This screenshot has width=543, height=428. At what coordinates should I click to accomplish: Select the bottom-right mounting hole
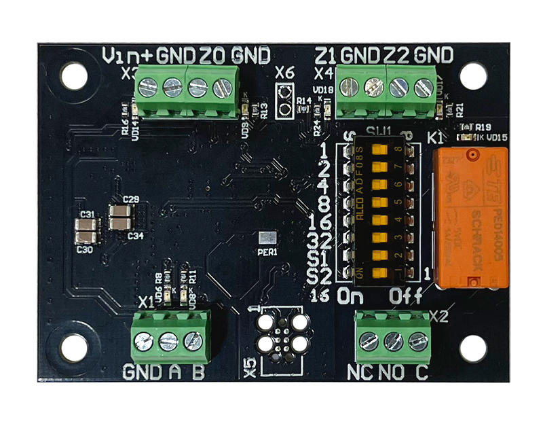tap(472, 348)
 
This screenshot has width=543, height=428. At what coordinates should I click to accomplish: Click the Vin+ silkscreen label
tap(128, 54)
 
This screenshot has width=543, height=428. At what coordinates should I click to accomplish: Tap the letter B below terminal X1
tap(198, 372)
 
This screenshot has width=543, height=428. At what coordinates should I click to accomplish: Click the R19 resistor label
tap(483, 127)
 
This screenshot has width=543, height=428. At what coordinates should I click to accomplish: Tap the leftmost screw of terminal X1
tap(143, 341)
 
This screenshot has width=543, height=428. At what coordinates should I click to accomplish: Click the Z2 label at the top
tap(396, 54)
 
